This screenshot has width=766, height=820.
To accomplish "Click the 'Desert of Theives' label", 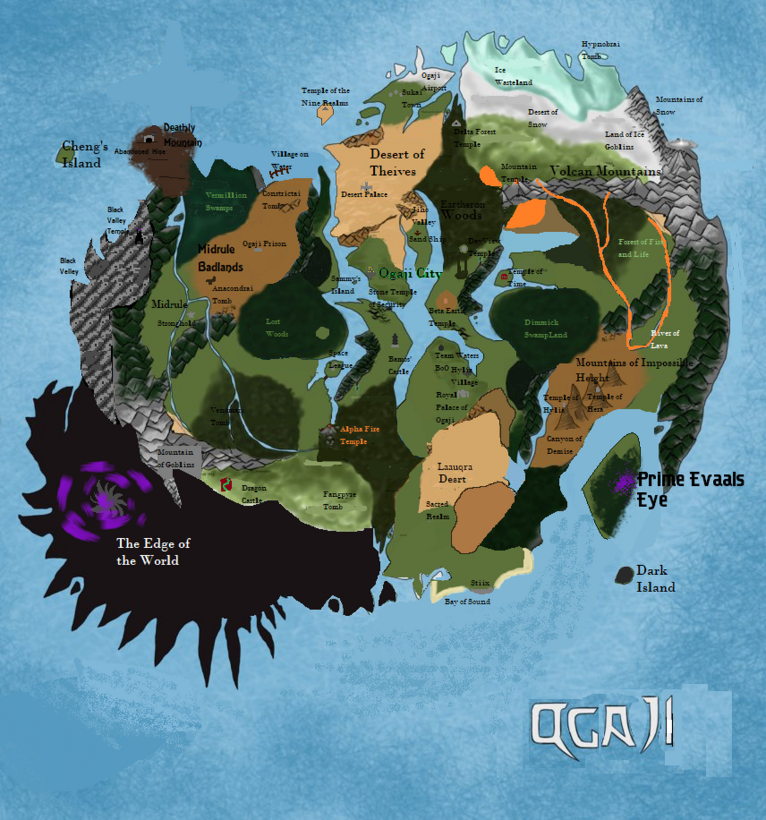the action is (x=396, y=163).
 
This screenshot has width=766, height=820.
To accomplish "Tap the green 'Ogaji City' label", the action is (x=410, y=273).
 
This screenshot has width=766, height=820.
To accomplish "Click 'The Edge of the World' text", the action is (x=153, y=552).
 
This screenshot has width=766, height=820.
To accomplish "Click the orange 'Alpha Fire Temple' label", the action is (x=359, y=435).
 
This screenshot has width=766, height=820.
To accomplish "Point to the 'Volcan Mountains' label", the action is (x=605, y=171).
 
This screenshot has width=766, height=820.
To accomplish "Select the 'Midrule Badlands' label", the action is (x=220, y=258).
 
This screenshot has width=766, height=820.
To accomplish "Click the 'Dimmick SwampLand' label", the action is (x=545, y=329).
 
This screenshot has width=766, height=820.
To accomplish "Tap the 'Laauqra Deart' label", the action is (x=454, y=473).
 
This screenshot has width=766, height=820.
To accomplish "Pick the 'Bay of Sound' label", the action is (x=467, y=602).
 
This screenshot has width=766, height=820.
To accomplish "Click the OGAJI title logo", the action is (x=601, y=726).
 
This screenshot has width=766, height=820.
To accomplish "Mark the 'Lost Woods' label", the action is (x=276, y=328).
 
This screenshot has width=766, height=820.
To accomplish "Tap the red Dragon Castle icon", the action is (x=226, y=485).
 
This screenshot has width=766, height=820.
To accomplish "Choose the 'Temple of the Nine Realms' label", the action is (x=326, y=96).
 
